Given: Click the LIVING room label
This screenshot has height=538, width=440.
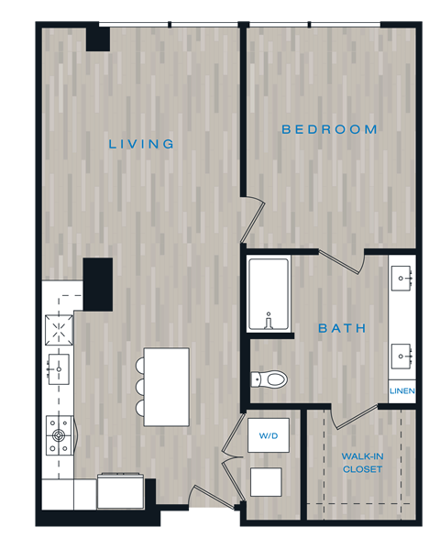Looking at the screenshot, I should (141, 144).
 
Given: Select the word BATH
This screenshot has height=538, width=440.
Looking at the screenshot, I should (342, 328).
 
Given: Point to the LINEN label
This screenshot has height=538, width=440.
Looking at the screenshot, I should (402, 391).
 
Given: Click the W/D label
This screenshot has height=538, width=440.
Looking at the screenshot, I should (269, 435).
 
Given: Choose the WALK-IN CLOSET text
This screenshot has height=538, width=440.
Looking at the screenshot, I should (362, 462).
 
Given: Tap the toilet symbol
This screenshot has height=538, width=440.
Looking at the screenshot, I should (270, 378).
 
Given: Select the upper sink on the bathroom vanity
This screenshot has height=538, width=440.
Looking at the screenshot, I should (403, 276).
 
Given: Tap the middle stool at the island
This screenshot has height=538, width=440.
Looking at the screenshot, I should (140, 386).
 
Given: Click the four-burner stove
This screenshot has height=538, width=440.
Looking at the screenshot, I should (60, 435).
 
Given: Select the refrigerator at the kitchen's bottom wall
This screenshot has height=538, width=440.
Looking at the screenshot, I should (120, 491).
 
